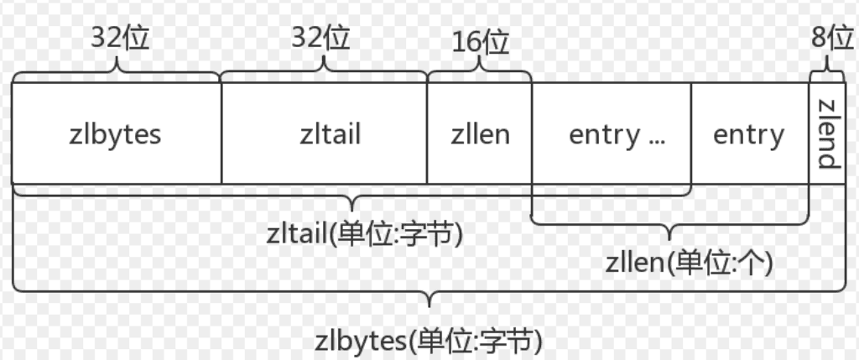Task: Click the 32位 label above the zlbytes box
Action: [120, 38]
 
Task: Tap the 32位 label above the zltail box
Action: [320, 38]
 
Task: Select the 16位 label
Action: [481, 43]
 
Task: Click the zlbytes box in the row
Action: [117, 133]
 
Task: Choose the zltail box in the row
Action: [325, 133]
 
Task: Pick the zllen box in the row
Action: [479, 133]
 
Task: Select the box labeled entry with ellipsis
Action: [612, 133]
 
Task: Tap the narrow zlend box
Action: [828, 133]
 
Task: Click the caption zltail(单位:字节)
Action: [365, 234]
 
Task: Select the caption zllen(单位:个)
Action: [690, 263]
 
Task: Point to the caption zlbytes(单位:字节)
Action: [429, 341]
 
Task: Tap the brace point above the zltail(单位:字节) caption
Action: [351, 211]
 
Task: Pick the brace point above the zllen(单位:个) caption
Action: [669, 239]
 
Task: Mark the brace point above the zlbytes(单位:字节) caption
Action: [429, 307]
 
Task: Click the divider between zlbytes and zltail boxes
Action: [221, 133]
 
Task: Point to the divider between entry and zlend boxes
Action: [810, 133]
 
